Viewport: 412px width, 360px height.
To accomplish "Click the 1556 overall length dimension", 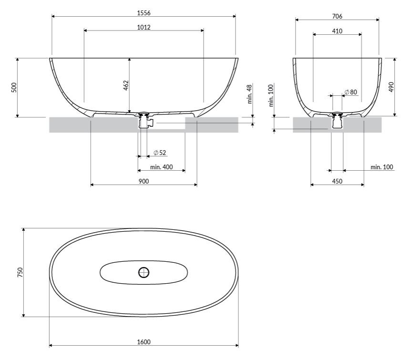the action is click(144, 13).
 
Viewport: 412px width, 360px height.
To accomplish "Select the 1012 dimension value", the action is click(144, 27).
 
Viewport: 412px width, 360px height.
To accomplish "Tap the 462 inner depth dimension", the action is click(126, 85).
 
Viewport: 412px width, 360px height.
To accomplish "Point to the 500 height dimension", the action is click(14, 87).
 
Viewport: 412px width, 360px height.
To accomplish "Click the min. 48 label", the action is click(249, 94).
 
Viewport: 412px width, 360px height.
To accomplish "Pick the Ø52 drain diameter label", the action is click(160, 153).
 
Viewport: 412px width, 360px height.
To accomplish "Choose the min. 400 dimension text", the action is click(161, 167).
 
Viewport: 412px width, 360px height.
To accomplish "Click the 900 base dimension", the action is click(144, 181).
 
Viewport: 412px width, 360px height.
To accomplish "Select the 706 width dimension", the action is click(337, 16).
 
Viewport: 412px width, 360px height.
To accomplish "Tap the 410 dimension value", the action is click(337, 31).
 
